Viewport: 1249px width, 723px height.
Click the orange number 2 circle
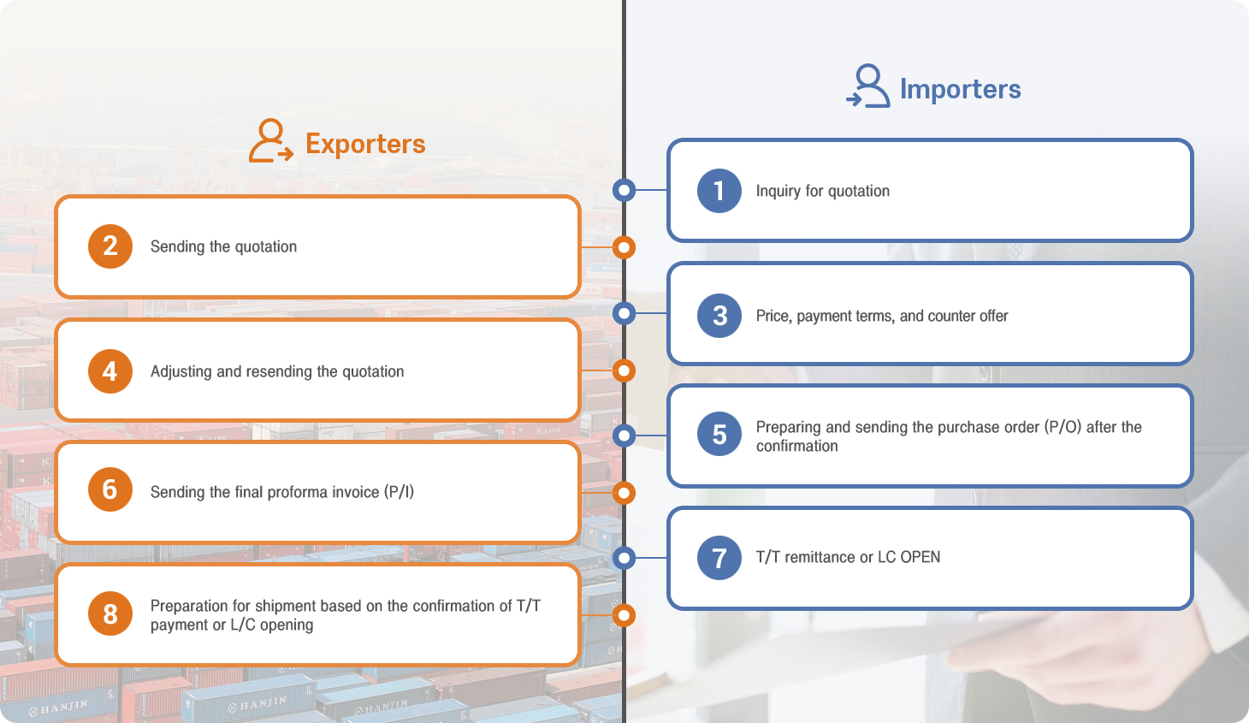tap(110, 246)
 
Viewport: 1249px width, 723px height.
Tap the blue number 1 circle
tap(719, 191)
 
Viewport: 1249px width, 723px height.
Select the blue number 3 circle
tap(719, 316)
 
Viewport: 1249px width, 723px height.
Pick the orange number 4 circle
tap(110, 371)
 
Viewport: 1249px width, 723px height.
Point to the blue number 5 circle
tap(719, 434)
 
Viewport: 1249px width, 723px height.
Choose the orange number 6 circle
tap(110, 489)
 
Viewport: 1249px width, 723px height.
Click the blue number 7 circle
tap(719, 558)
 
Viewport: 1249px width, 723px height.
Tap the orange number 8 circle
tap(110, 613)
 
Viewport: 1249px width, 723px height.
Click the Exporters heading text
tap(365, 144)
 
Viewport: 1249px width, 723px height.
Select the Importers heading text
tap(960, 89)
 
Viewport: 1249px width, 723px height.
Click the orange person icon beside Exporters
tap(271, 140)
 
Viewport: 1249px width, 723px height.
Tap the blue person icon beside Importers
tap(867, 86)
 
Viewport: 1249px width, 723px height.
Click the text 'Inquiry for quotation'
tap(822, 191)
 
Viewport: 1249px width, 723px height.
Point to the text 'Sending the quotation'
tap(223, 246)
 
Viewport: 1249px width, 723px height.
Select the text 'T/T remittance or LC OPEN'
tap(848, 557)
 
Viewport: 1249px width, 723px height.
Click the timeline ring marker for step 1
tap(624, 190)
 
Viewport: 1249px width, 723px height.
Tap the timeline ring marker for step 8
tap(624, 615)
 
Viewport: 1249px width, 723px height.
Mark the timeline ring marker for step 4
tap(624, 370)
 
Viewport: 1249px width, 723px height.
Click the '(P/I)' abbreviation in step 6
tap(399, 492)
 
